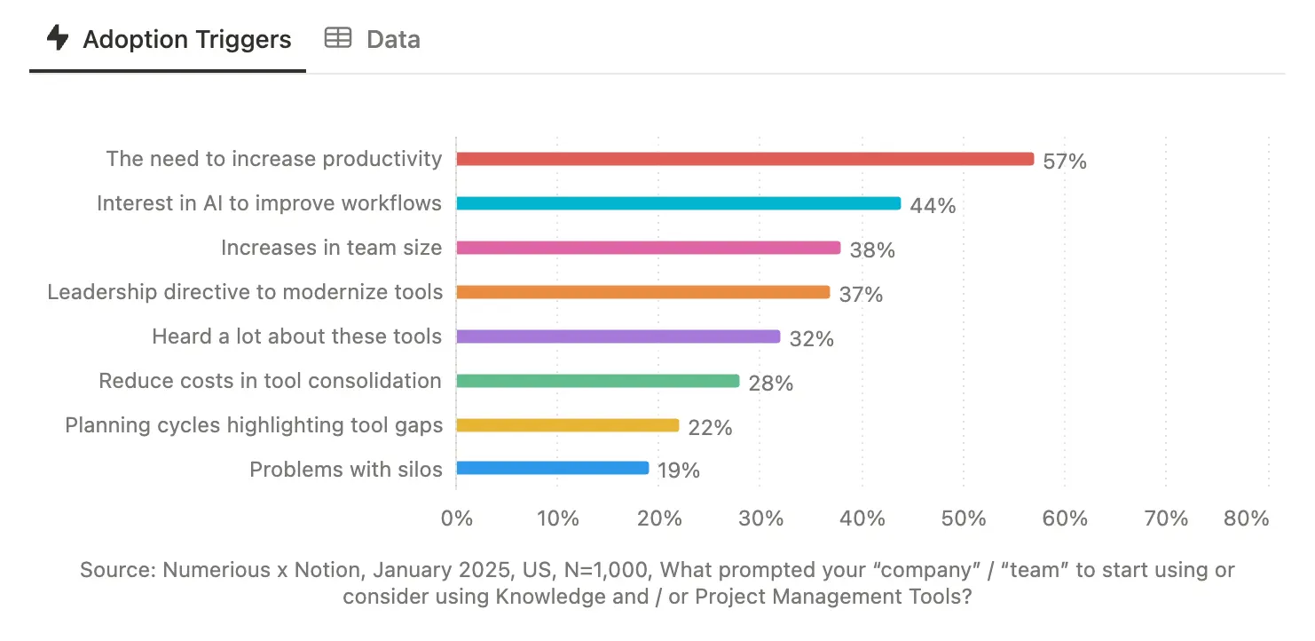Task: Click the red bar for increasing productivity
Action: pyautogui.click(x=745, y=159)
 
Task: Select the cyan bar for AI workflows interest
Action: pyautogui.click(x=679, y=203)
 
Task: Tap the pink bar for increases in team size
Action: pyautogui.click(x=649, y=248)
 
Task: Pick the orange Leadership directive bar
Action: pyautogui.click(x=643, y=292)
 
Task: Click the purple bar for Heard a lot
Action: pyautogui.click(x=618, y=336)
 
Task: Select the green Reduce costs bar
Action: pyautogui.click(x=598, y=381)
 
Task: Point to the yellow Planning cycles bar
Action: pyautogui.click(x=568, y=425)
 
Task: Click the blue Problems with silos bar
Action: pyautogui.click(x=553, y=468)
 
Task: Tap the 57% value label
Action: pyautogui.click(x=1065, y=162)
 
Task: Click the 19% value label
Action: pyautogui.click(x=679, y=471)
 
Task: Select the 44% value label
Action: pyautogui.click(x=933, y=206)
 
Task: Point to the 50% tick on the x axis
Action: pyautogui.click(x=964, y=518)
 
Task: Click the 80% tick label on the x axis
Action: pyautogui.click(x=1246, y=518)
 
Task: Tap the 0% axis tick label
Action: pyautogui.click(x=457, y=518)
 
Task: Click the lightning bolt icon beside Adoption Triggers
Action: pyautogui.click(x=58, y=38)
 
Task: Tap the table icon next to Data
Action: pyautogui.click(x=337, y=38)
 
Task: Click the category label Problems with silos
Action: pyautogui.click(x=345, y=469)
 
